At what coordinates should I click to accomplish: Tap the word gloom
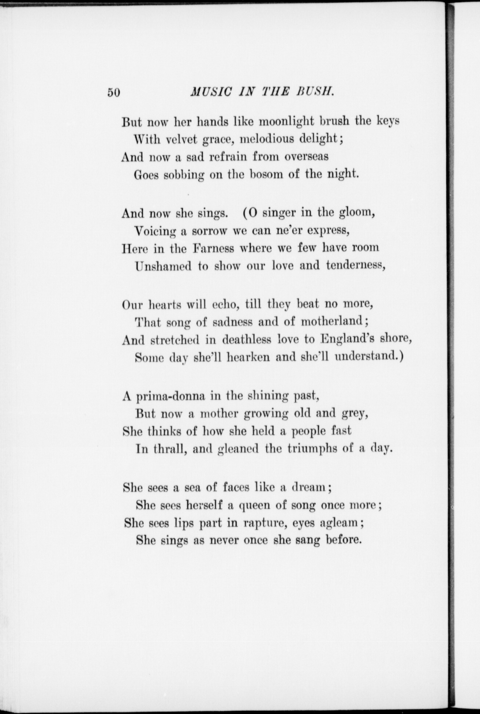357,213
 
